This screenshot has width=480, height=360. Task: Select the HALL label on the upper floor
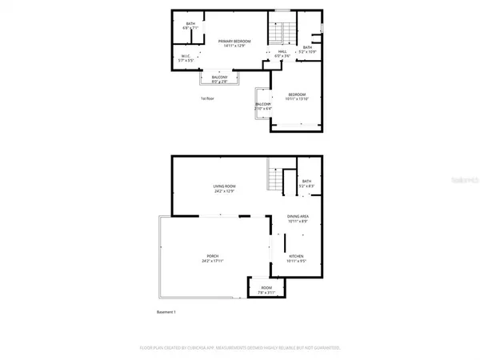pos(282,51)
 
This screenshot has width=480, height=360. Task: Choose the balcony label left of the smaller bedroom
pos(263,105)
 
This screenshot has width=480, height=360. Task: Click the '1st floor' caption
pos(208,98)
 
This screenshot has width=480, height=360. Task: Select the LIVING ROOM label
pos(223,186)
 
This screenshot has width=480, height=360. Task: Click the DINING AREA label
pos(298,216)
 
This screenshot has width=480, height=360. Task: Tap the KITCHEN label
pos(298,256)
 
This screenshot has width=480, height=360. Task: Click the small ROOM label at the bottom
pos(266,287)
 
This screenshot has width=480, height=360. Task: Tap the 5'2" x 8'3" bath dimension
pos(306,186)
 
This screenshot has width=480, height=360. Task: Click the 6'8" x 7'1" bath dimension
pos(190,28)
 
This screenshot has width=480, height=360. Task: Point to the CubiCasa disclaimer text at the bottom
pos(240,348)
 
